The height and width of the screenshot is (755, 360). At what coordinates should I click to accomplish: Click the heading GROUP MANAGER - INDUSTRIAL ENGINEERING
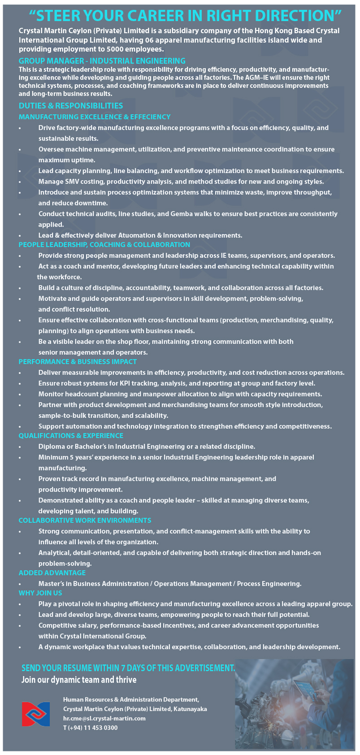tap(102, 61)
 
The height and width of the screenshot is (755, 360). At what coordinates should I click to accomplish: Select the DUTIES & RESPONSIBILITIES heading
tap(70, 106)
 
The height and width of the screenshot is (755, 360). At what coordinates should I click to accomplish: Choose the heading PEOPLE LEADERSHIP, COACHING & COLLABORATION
tap(104, 245)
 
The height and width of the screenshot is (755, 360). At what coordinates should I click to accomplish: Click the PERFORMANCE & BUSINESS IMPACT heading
tap(78, 362)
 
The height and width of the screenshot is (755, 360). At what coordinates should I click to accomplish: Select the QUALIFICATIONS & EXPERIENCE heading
tap(71, 436)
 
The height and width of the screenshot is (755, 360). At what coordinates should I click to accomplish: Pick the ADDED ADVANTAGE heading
tap(52, 573)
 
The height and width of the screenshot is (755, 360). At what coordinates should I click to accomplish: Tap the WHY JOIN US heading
tap(40, 593)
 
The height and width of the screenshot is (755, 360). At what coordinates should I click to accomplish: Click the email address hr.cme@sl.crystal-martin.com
tap(104, 718)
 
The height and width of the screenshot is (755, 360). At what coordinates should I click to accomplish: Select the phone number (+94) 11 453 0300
tap(93, 728)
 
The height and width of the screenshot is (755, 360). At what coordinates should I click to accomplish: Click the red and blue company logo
tap(36, 714)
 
